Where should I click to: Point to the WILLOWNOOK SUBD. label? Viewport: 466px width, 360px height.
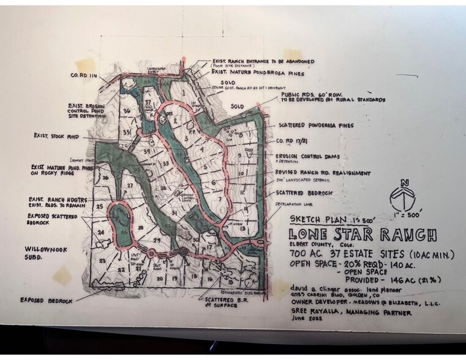pos(45,253)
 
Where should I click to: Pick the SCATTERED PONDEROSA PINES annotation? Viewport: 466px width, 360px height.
pos(314,125)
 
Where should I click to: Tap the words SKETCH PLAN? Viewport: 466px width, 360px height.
pos(314,219)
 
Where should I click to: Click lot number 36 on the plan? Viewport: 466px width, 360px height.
pos(127,111)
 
